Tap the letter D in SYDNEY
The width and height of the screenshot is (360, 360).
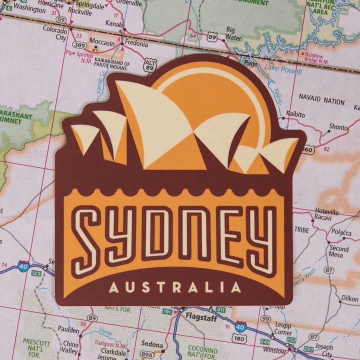click(x=158, y=234)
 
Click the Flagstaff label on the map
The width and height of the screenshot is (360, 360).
click(x=200, y=316)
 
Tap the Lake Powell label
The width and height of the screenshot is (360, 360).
click(x=283, y=70)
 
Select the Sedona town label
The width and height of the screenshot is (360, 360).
click(x=152, y=344)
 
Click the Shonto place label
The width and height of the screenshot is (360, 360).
click(x=338, y=127)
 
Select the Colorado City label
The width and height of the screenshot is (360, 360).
click(x=55, y=33)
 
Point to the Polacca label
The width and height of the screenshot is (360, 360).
click(x=341, y=232)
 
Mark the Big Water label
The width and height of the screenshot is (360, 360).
click(x=233, y=33)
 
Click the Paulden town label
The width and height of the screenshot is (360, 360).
click(x=68, y=330)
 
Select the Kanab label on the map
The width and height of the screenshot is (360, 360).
click(x=114, y=23)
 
